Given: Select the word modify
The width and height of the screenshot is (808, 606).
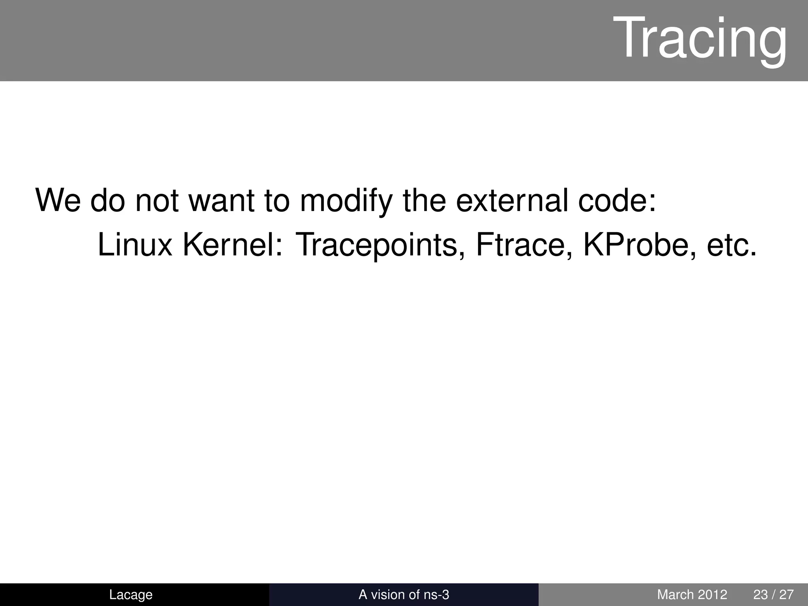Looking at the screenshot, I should pyautogui.click(x=346, y=201).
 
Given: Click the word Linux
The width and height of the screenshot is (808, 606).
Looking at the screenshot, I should pyautogui.click(x=135, y=245).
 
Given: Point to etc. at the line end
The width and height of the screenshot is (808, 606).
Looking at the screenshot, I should pyautogui.click(x=732, y=245).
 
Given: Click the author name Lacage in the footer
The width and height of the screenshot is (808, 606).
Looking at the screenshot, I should pyautogui.click(x=131, y=595).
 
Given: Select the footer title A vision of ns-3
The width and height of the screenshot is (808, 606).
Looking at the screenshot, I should pyautogui.click(x=404, y=595).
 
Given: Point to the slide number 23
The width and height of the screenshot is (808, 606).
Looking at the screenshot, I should pyautogui.click(x=760, y=595).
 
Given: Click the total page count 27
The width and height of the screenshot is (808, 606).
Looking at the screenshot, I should pyautogui.click(x=786, y=595).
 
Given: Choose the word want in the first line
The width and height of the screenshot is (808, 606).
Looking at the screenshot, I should pyautogui.click(x=221, y=201).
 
